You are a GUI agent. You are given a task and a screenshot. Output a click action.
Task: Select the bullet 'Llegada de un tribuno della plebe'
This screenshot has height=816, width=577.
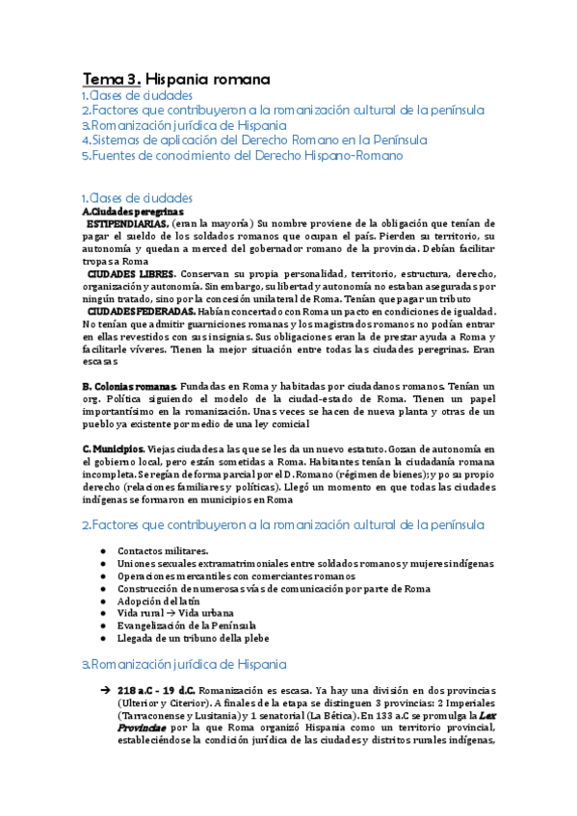pos(195,638)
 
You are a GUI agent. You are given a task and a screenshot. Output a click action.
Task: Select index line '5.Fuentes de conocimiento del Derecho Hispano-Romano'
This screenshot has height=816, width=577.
pos(242,155)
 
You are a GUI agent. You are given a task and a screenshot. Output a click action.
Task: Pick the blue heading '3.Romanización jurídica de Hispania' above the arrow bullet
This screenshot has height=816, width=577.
pos(183,664)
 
